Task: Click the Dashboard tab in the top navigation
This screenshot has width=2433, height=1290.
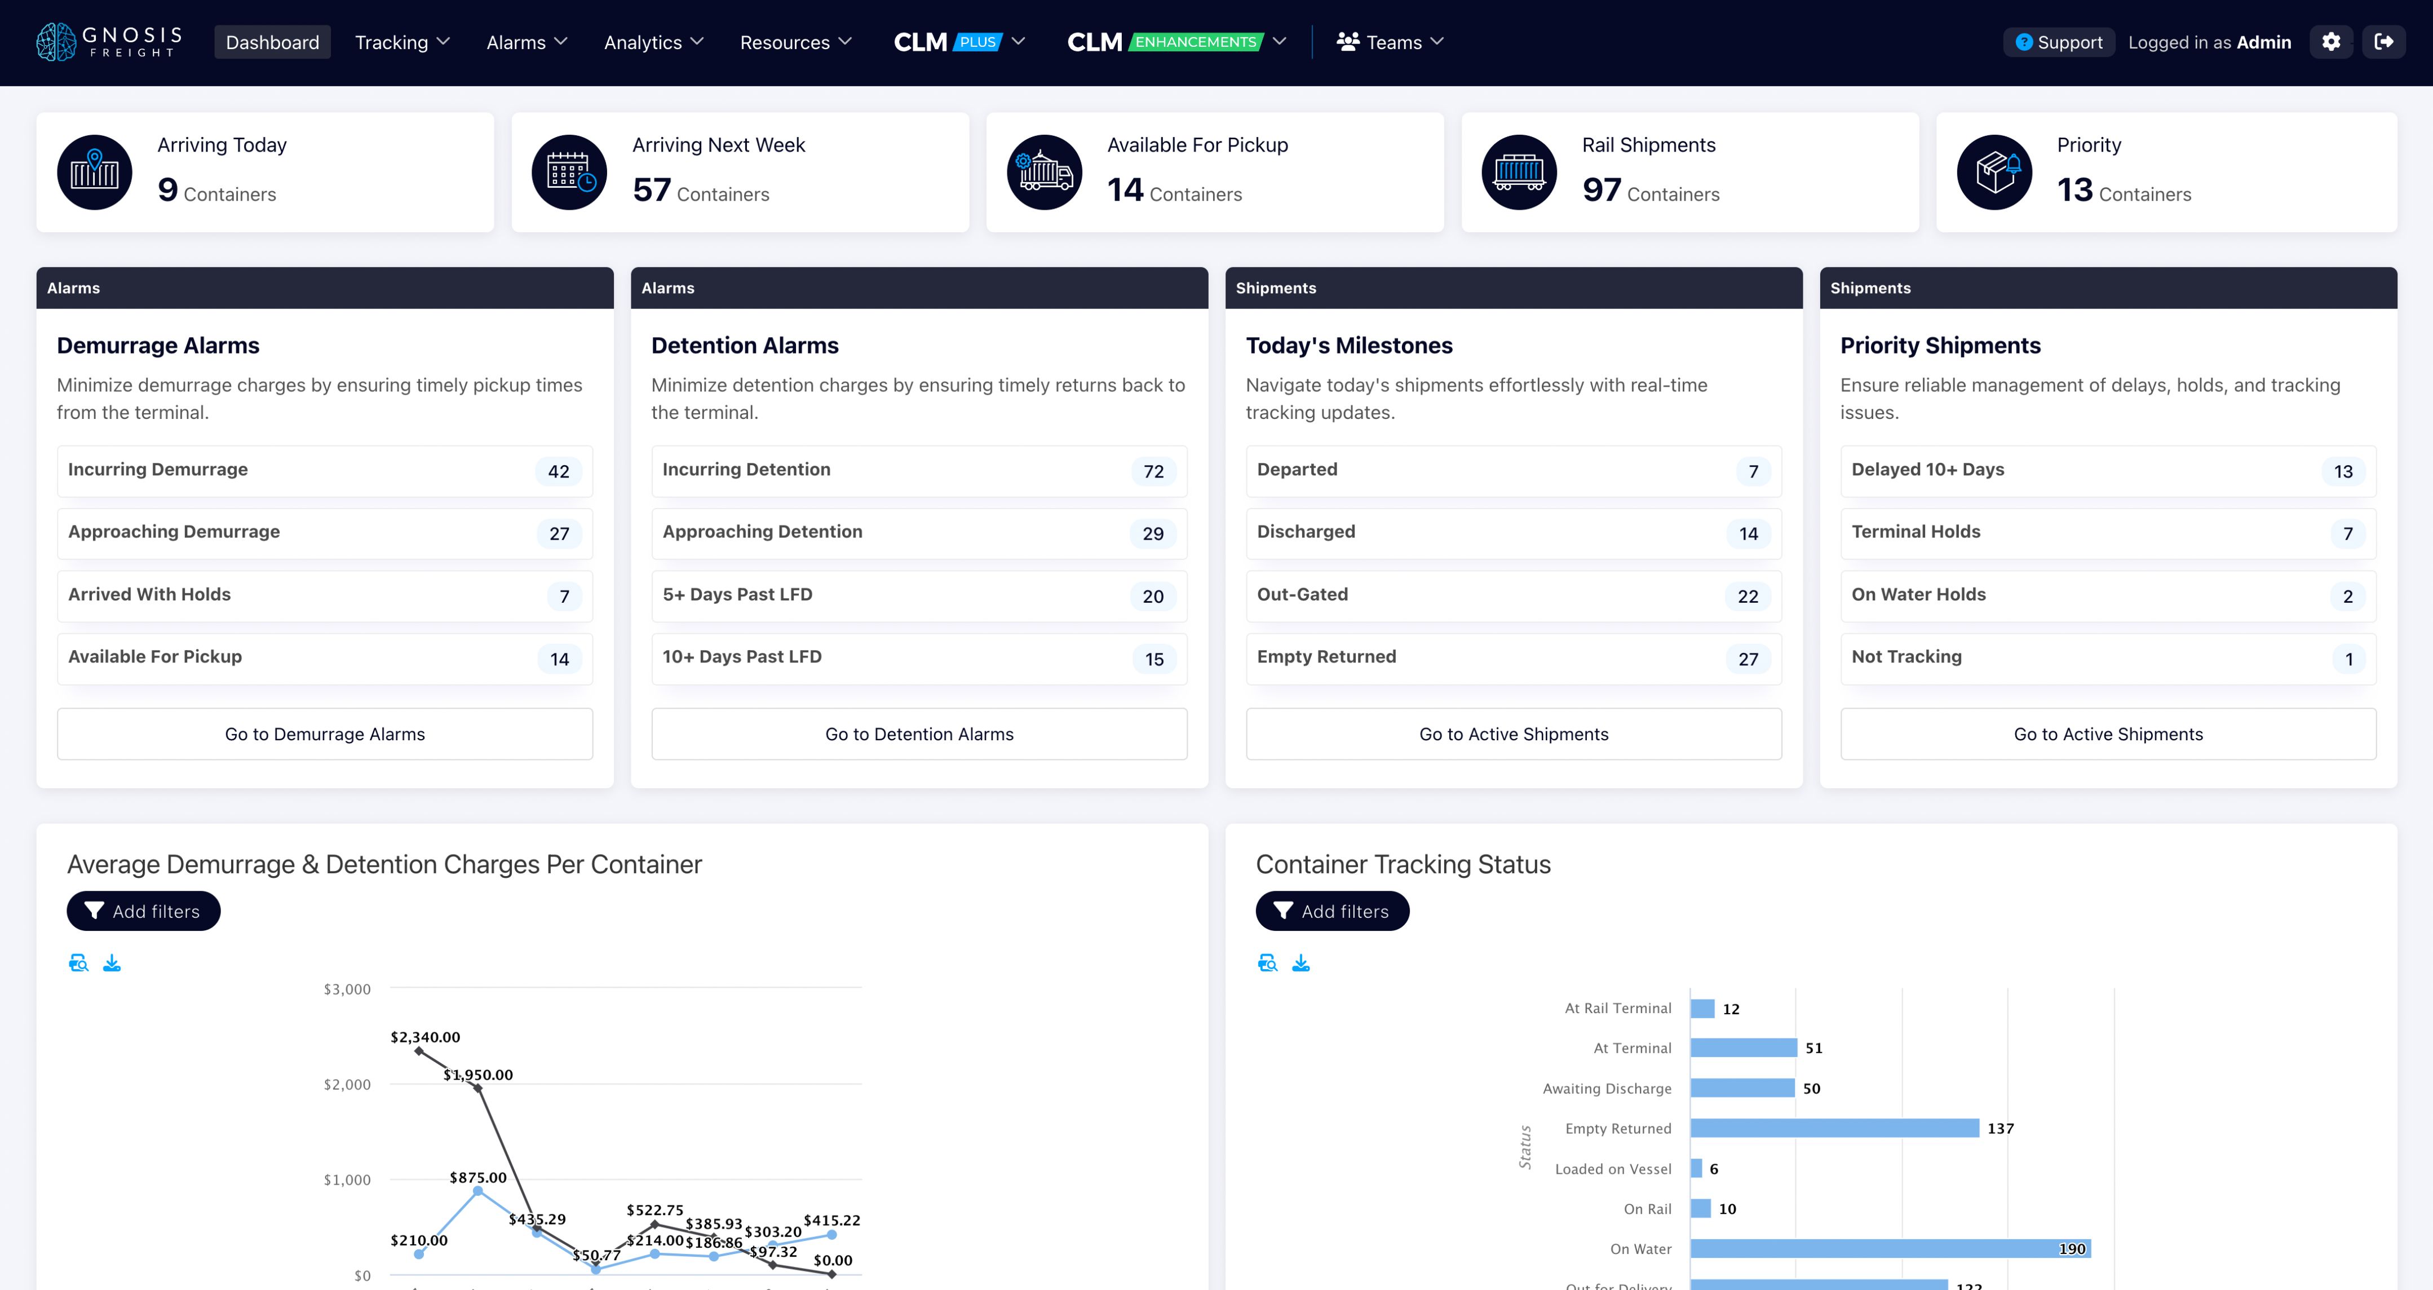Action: click(x=272, y=42)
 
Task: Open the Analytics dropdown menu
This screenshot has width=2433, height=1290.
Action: click(x=653, y=42)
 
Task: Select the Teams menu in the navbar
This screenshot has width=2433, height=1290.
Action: click(x=1390, y=42)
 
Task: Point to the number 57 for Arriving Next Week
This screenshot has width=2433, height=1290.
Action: click(x=652, y=190)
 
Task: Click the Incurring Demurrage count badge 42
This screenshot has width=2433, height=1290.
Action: click(x=558, y=471)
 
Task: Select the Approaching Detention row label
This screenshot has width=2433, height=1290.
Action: click(x=762, y=532)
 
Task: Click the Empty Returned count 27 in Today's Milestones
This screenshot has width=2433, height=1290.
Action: click(x=1748, y=659)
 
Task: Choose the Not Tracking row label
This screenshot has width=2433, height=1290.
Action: click(x=1906, y=656)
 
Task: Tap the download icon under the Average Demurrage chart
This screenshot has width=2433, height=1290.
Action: click(x=112, y=962)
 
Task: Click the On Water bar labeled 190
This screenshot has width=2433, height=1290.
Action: click(x=1889, y=1248)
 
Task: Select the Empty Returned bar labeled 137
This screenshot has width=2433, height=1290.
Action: click(x=1834, y=1129)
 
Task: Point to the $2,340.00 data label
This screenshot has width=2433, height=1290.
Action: click(x=425, y=1037)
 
